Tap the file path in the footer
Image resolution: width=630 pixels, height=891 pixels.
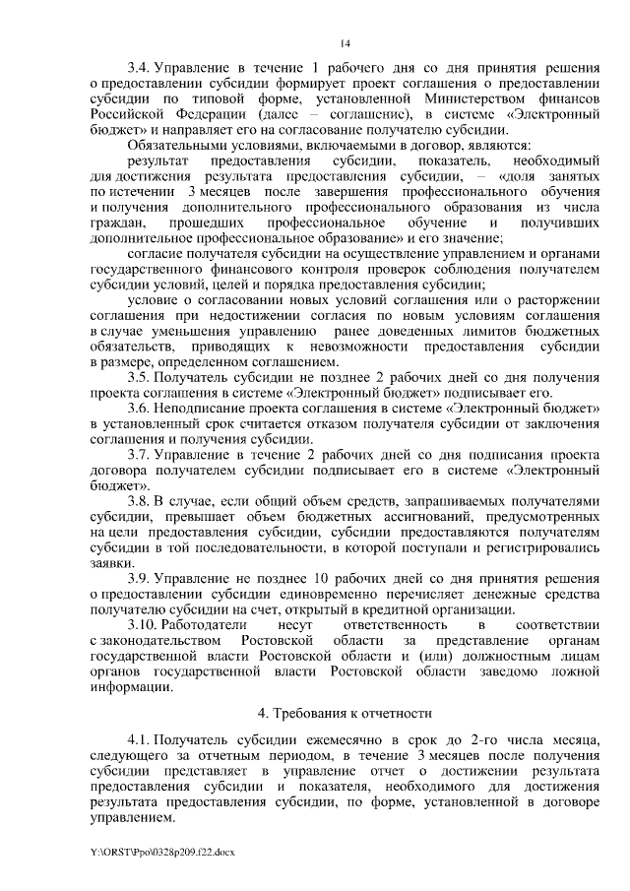[152, 851]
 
